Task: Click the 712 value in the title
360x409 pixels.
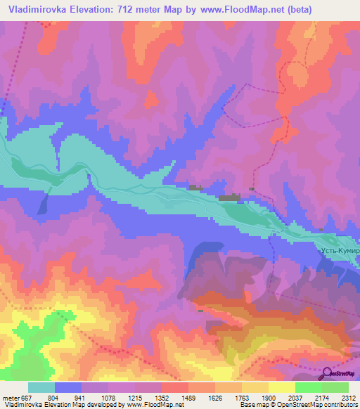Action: click(x=126, y=9)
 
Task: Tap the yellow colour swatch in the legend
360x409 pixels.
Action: click(x=282, y=388)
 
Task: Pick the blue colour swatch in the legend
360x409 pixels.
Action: click(x=68, y=388)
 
